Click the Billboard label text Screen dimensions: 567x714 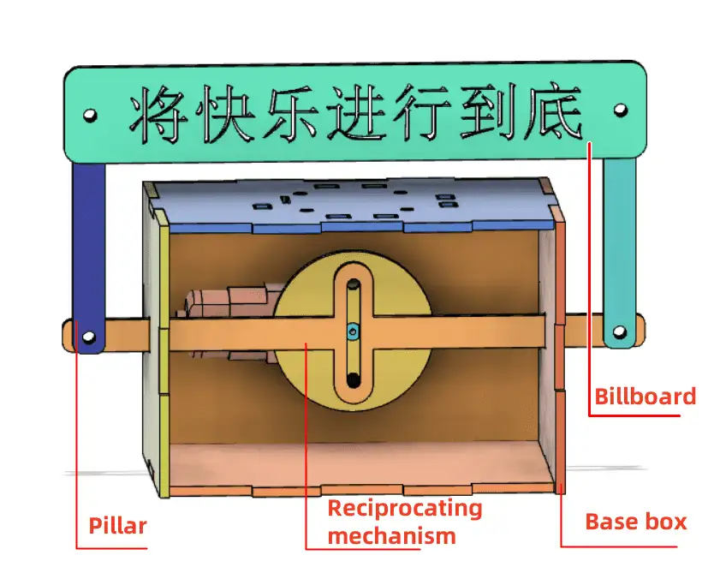click(645, 397)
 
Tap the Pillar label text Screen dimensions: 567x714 click(118, 525)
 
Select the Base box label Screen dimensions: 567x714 click(635, 521)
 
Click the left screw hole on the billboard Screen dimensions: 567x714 click(88, 114)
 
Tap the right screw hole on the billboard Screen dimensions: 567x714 click(621, 110)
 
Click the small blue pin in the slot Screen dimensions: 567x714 click(353, 331)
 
